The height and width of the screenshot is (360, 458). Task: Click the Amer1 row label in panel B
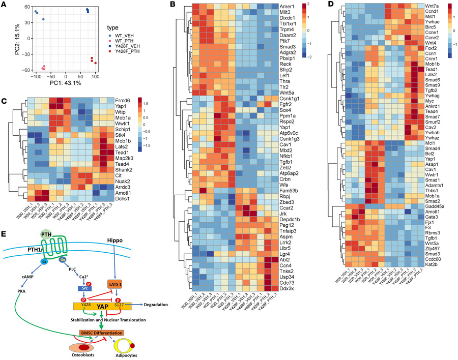point(288,7)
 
